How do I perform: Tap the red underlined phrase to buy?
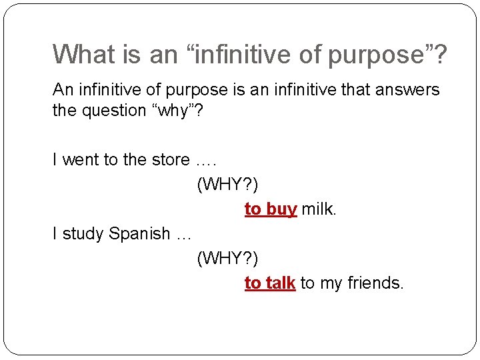pos(270,209)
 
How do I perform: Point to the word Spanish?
pos(140,234)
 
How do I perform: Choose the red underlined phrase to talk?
pos(269,283)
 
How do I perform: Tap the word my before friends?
pos(331,283)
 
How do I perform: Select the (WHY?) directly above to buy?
pos(227,185)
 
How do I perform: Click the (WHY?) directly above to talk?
pos(227,259)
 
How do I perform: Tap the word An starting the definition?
pos(63,89)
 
